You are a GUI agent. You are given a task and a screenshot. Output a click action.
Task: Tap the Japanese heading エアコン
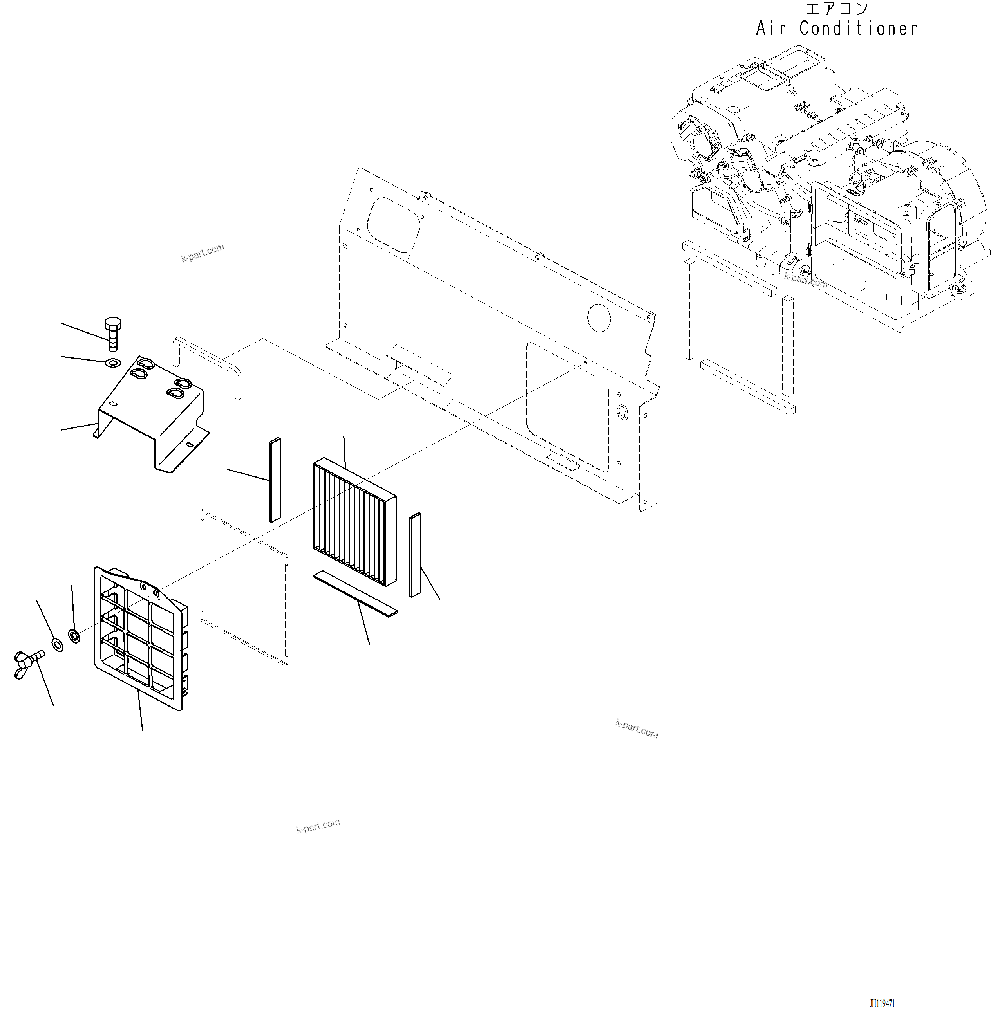pos(837,9)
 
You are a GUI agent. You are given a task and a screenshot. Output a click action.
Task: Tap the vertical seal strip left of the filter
pos(275,480)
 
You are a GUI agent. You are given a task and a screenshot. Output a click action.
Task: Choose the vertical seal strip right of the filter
pos(415,555)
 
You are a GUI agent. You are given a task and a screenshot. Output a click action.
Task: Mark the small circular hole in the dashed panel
pos(599,318)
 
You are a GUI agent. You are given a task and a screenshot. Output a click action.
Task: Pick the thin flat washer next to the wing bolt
pos(57,645)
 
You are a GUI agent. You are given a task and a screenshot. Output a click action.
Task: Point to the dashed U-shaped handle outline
pos(207,361)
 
